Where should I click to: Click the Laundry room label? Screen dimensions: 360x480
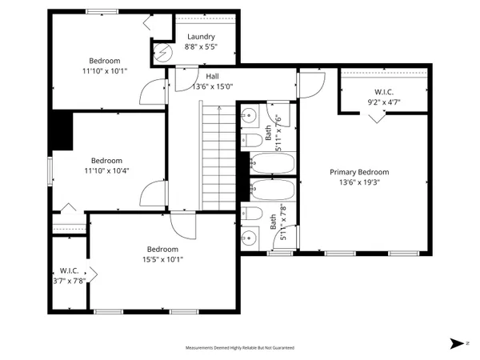[201, 38]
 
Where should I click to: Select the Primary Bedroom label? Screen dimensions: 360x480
[359, 172]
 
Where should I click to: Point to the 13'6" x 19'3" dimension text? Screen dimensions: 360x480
[359, 182]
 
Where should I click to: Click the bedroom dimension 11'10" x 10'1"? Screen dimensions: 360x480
[105, 71]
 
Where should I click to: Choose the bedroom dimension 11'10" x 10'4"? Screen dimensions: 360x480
[106, 170]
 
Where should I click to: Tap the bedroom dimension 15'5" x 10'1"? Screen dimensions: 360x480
[163, 258]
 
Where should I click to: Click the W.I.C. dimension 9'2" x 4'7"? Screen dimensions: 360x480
[383, 102]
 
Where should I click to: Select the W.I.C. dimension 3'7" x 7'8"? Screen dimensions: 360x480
[69, 281]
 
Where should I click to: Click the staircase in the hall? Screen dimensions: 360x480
[215, 152]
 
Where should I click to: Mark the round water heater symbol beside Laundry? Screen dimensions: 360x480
[161, 54]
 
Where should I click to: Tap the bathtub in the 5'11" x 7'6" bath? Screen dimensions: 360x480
[272, 164]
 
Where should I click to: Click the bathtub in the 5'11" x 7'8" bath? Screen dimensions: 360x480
[272, 191]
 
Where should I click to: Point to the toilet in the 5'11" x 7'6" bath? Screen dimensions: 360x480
[252, 141]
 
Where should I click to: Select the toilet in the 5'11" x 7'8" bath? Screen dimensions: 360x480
[251, 214]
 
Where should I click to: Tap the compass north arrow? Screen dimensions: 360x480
[456, 343]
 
